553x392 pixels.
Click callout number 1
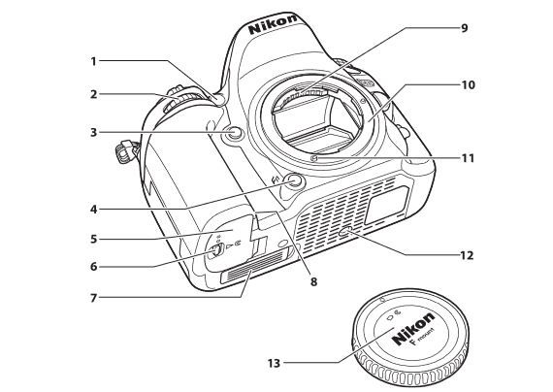tap(93, 61)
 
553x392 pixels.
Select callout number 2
tap(93, 94)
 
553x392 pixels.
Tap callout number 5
tap(93, 240)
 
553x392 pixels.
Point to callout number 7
tap(93, 298)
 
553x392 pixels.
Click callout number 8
tap(313, 281)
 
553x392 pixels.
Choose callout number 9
tap(464, 27)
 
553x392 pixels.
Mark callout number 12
tap(467, 255)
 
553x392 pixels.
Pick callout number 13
tap(274, 363)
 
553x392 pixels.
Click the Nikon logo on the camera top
tap(273, 23)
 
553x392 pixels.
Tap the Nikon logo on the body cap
tap(413, 328)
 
